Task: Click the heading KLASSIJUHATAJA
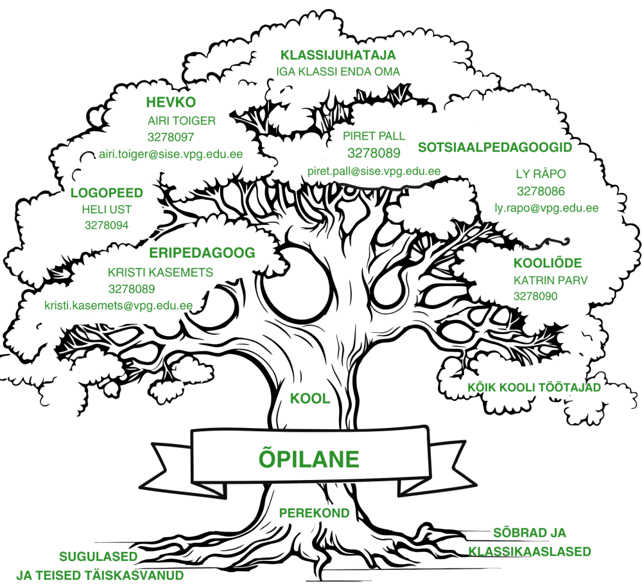(338, 55)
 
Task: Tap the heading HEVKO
(171, 102)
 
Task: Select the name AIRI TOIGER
(182, 120)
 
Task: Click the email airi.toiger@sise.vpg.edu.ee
(171, 154)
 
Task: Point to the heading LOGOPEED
(107, 193)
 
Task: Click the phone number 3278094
(107, 225)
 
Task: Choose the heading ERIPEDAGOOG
(202, 253)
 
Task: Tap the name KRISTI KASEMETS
(160, 272)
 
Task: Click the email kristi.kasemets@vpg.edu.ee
(118, 305)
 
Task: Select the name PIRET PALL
(374, 136)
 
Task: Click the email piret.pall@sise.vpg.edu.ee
(374, 171)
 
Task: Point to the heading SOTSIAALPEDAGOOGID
(494, 147)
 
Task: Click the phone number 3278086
(541, 191)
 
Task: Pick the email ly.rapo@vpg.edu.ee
(546, 208)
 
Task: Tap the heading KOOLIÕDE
(548, 263)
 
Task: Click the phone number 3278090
(535, 296)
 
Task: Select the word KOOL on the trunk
(310, 398)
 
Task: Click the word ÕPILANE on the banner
(309, 459)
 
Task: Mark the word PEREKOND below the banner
(315, 513)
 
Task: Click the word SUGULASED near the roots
(98, 557)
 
